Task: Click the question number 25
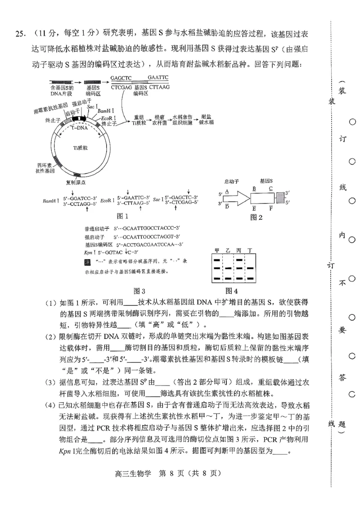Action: pos(20,35)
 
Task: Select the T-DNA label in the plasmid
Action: pos(81,128)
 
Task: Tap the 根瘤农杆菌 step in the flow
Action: pos(160,119)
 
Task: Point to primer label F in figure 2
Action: pos(271,208)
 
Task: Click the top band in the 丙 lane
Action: pos(239,260)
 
